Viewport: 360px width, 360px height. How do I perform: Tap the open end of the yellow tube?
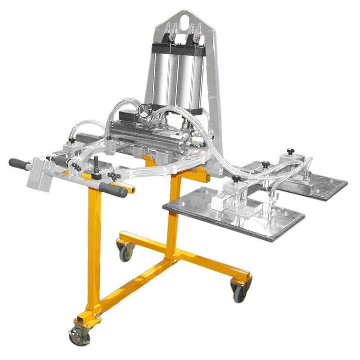point(133,190)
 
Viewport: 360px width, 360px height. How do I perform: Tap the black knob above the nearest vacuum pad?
point(236,180)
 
